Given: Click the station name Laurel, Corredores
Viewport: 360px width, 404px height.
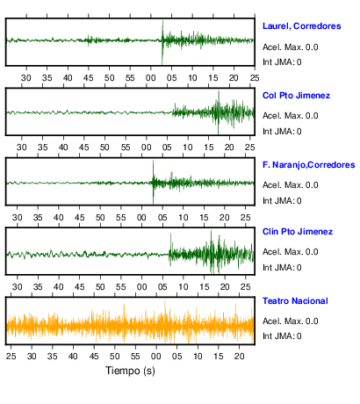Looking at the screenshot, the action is pos(301,26).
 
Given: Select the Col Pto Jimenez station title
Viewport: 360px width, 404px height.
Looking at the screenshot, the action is pos(296,96).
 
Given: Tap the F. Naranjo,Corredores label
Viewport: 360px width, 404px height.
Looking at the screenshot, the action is pos(308,165).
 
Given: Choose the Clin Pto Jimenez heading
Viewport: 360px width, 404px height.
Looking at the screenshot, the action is pos(298,232).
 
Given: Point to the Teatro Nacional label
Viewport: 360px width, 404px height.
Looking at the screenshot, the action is pos(295,301).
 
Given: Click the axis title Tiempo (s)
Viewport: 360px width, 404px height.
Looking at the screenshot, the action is pos(130,371).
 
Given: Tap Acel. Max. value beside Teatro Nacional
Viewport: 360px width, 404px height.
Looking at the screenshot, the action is pos(290,321).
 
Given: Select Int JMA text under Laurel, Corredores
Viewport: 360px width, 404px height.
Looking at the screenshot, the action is pos(282,62).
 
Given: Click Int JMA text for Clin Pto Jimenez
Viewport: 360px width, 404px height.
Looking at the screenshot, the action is pos(282,268).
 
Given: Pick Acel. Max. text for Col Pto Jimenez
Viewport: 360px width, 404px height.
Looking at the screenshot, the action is pos(290,116).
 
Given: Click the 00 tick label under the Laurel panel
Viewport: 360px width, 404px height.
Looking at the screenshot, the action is pos(151,78).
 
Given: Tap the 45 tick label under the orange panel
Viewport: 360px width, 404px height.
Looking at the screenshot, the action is pos(94,357).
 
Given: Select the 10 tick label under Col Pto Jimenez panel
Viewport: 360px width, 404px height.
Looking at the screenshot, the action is pos(188,148).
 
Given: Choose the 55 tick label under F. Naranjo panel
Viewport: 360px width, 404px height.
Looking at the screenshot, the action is pos(120,218).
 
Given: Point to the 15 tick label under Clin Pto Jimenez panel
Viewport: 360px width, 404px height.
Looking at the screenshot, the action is pos(204,287).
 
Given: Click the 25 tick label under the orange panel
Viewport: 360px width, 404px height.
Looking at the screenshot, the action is pos(11,357).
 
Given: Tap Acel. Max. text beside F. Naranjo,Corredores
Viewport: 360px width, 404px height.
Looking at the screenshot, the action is pos(290,185).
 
